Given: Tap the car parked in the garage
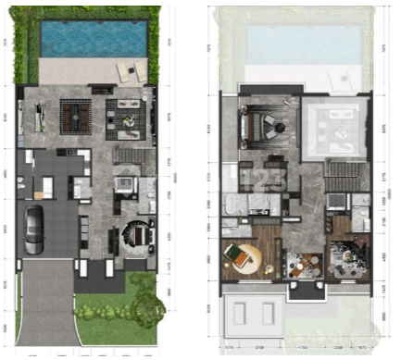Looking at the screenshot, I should point(32,230).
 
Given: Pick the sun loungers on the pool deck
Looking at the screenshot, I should point(125,71).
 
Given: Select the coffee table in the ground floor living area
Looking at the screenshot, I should point(124,115).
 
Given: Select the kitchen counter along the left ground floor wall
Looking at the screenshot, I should point(38,116).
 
